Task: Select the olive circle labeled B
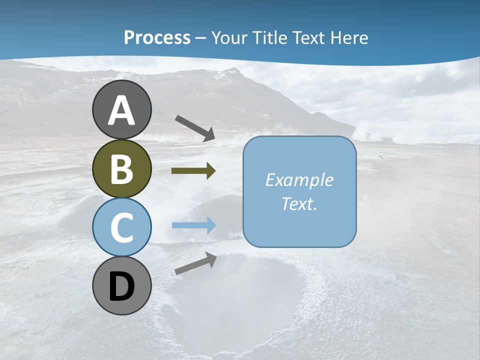coord(121,168)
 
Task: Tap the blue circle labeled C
coord(121,227)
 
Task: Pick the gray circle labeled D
coord(121,285)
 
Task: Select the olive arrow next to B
coord(193,171)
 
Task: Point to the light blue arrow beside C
coord(194,225)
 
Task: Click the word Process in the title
coord(157,37)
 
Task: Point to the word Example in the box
coord(299,179)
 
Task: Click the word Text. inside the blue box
coord(299,203)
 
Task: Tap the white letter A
coord(121,110)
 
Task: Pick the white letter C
coord(121,228)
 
